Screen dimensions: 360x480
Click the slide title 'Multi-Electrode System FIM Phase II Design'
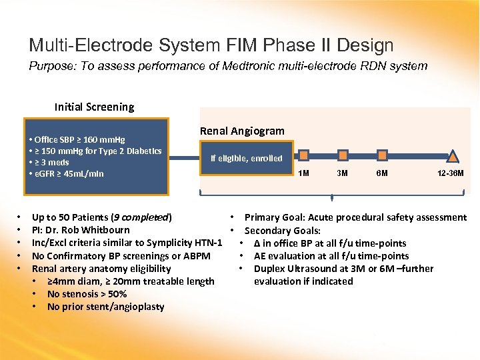click(x=211, y=45)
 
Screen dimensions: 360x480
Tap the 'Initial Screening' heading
click(x=94, y=107)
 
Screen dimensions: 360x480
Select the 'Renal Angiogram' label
click(x=242, y=131)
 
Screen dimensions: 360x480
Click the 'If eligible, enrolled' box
click(x=246, y=159)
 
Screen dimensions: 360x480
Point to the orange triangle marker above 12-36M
click(x=453, y=157)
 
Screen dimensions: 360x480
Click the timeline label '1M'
click(x=303, y=173)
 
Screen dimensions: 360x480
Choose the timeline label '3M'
click(x=342, y=173)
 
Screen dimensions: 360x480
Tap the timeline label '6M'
click(x=383, y=173)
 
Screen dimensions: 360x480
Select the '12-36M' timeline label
click(x=450, y=173)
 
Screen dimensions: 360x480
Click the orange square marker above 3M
click(x=343, y=155)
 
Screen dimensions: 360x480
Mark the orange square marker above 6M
click(x=382, y=155)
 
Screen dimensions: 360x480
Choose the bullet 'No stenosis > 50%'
click(x=87, y=294)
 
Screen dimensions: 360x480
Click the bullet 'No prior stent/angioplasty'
click(x=105, y=307)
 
